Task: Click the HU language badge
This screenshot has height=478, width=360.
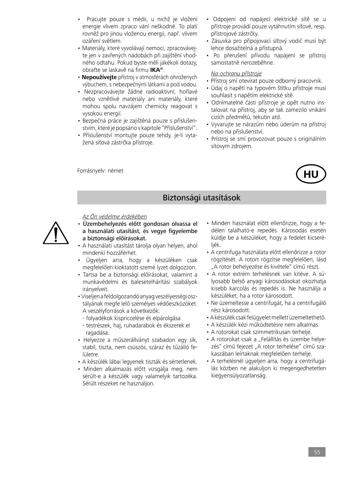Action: pos(311,174)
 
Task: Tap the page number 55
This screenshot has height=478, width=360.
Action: pos(317,452)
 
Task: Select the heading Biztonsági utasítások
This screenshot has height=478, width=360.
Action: pos(201,198)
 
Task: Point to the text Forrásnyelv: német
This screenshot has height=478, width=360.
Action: pos(100,171)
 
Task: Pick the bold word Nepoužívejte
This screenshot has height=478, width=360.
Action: pos(99,77)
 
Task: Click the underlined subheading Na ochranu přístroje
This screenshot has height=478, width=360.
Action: pos(236,73)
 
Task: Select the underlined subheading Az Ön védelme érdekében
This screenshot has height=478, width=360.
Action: pos(115,217)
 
